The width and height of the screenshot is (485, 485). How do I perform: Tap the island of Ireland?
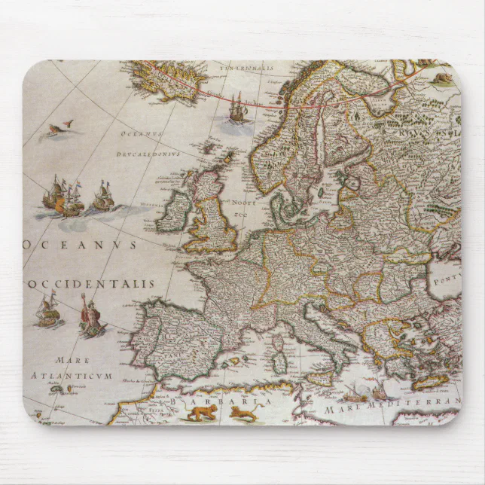(x=173, y=210)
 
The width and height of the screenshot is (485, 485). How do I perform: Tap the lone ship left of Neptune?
(x=47, y=309)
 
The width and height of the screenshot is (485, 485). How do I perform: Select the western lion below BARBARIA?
(x=201, y=412)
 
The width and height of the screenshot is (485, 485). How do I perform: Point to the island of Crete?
(x=430, y=381)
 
